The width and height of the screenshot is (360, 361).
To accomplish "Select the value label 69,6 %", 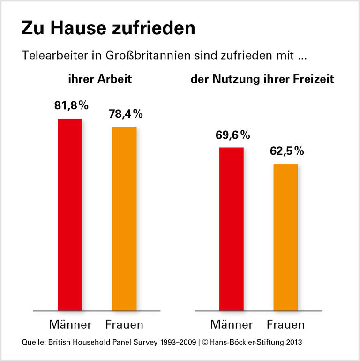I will coord(232,135).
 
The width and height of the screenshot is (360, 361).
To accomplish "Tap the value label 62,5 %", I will coord(286,151).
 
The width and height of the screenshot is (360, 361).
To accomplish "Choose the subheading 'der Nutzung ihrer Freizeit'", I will coord(262,80).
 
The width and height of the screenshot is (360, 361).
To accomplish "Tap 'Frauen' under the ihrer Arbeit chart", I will coord(124,324).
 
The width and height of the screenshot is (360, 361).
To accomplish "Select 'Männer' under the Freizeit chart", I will coord(232,324).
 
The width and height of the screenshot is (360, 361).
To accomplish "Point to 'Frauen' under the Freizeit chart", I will coord(285,324).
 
